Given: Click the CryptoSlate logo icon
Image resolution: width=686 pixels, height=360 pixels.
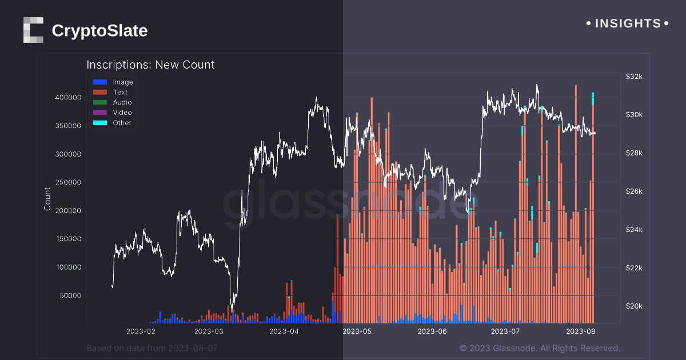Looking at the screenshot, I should pos(33,30).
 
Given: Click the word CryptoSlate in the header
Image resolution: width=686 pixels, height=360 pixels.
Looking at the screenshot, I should pos(99,30).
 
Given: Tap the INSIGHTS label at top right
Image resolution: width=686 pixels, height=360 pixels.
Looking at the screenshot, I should pos(628,23).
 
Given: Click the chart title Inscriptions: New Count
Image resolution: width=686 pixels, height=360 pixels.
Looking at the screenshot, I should pos(150,65).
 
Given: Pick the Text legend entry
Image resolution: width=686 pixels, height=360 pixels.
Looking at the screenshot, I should pos(120,92).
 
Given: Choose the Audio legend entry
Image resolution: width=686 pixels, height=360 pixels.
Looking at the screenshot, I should pos(122,102).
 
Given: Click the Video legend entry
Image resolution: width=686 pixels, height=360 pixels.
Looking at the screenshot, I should pos(122,113).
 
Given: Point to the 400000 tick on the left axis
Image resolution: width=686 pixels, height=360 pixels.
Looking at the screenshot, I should pos(68,98).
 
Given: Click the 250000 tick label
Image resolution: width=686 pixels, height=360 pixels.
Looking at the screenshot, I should pos(68,182).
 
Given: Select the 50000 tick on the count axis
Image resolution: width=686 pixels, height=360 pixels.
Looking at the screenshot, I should pos(70,295).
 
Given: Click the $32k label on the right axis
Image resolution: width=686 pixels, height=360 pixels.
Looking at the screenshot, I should pos(635,77).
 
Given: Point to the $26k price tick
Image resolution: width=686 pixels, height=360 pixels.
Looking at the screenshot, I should pos(635,191).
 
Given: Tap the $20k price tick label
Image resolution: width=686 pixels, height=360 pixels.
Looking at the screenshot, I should pos(635,306).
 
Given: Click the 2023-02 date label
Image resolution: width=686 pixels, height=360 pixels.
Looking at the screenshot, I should pos(141,331).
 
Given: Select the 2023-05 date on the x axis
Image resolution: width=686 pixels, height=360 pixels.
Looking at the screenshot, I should pos(357,331).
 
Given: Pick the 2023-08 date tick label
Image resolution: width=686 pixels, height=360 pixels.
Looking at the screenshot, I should pos(581,331).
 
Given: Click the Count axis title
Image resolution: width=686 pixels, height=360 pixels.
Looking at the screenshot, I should pos(47,198).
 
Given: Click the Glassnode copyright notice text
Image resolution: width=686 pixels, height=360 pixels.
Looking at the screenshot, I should pos(540,348).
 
